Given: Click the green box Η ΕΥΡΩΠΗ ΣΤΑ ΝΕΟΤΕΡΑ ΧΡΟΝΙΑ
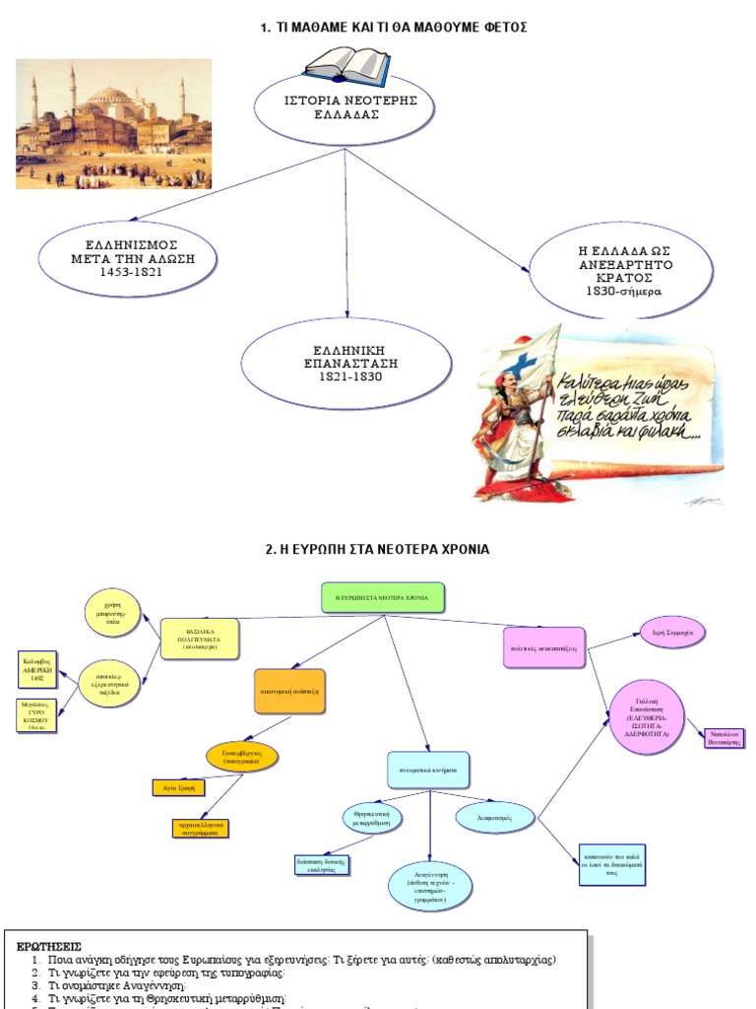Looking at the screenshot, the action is point(383,597).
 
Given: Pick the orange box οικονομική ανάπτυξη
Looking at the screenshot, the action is point(289,693).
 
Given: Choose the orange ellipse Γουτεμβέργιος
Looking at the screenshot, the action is point(242,757).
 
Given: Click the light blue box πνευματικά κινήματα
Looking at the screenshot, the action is point(428,770).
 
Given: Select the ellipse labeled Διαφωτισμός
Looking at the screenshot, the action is point(494,816).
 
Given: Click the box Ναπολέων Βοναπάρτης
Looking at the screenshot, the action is point(724,738).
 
